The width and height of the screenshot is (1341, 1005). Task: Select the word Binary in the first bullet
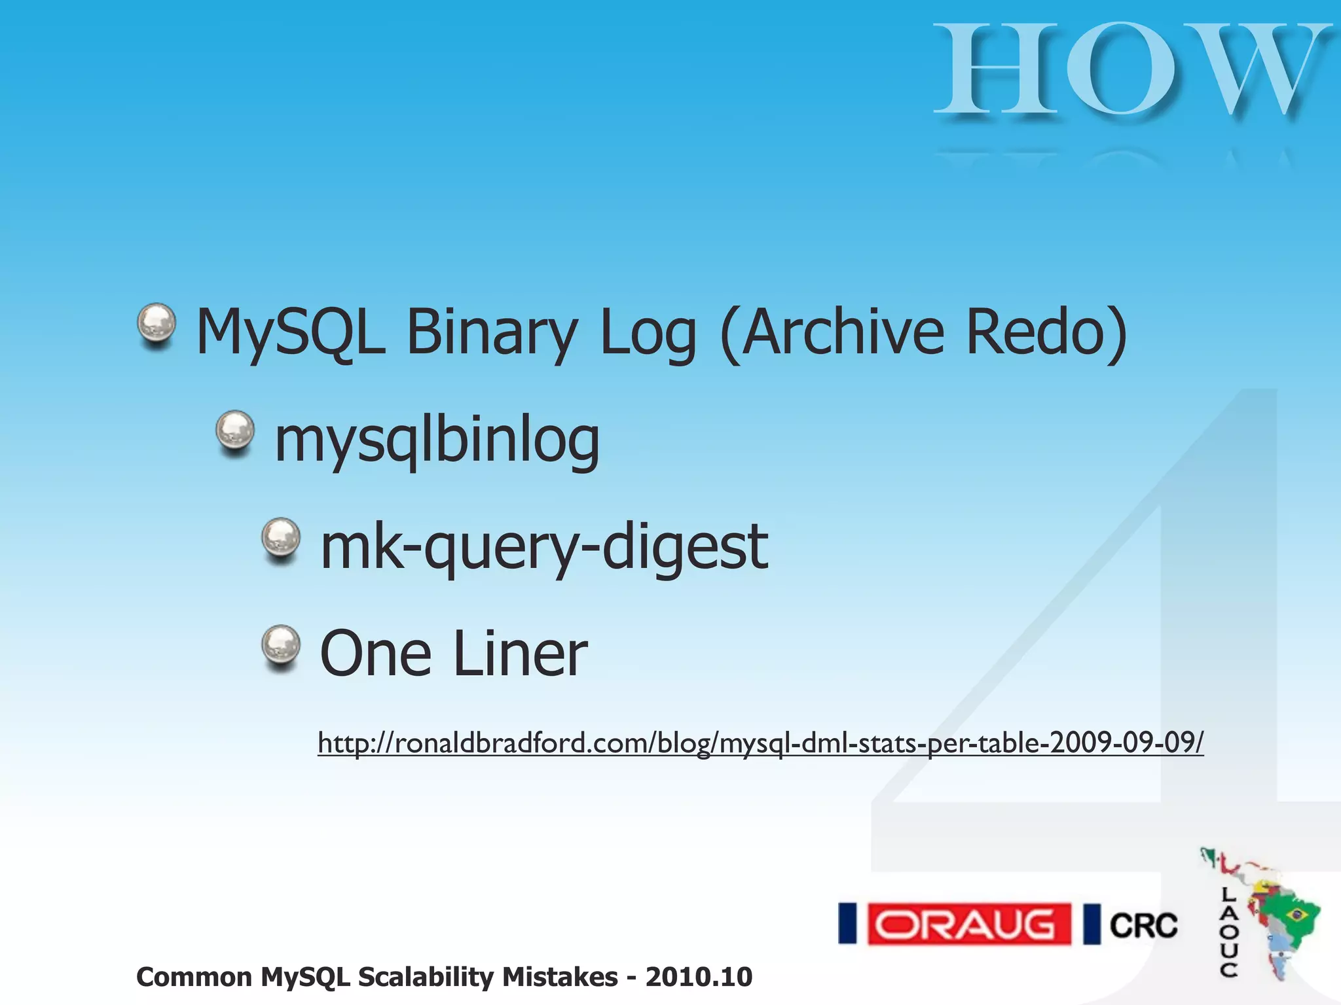click(492, 334)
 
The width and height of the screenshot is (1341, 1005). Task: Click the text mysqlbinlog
click(437, 440)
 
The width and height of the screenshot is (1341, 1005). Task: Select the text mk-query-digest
click(543, 547)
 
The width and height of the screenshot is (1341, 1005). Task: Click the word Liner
click(520, 654)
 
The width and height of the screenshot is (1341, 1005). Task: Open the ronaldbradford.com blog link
click(760, 743)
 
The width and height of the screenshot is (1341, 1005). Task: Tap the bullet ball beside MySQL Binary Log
click(156, 323)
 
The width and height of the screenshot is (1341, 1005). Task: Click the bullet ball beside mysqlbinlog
click(235, 431)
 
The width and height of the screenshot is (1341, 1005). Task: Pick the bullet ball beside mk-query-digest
click(281, 538)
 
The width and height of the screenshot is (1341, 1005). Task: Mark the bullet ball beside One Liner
click(281, 645)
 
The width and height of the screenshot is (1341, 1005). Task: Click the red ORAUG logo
click(968, 924)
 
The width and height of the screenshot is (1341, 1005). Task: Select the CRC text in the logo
click(1143, 925)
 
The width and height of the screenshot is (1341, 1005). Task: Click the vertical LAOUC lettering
click(1228, 932)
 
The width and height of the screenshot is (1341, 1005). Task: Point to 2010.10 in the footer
click(699, 977)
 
